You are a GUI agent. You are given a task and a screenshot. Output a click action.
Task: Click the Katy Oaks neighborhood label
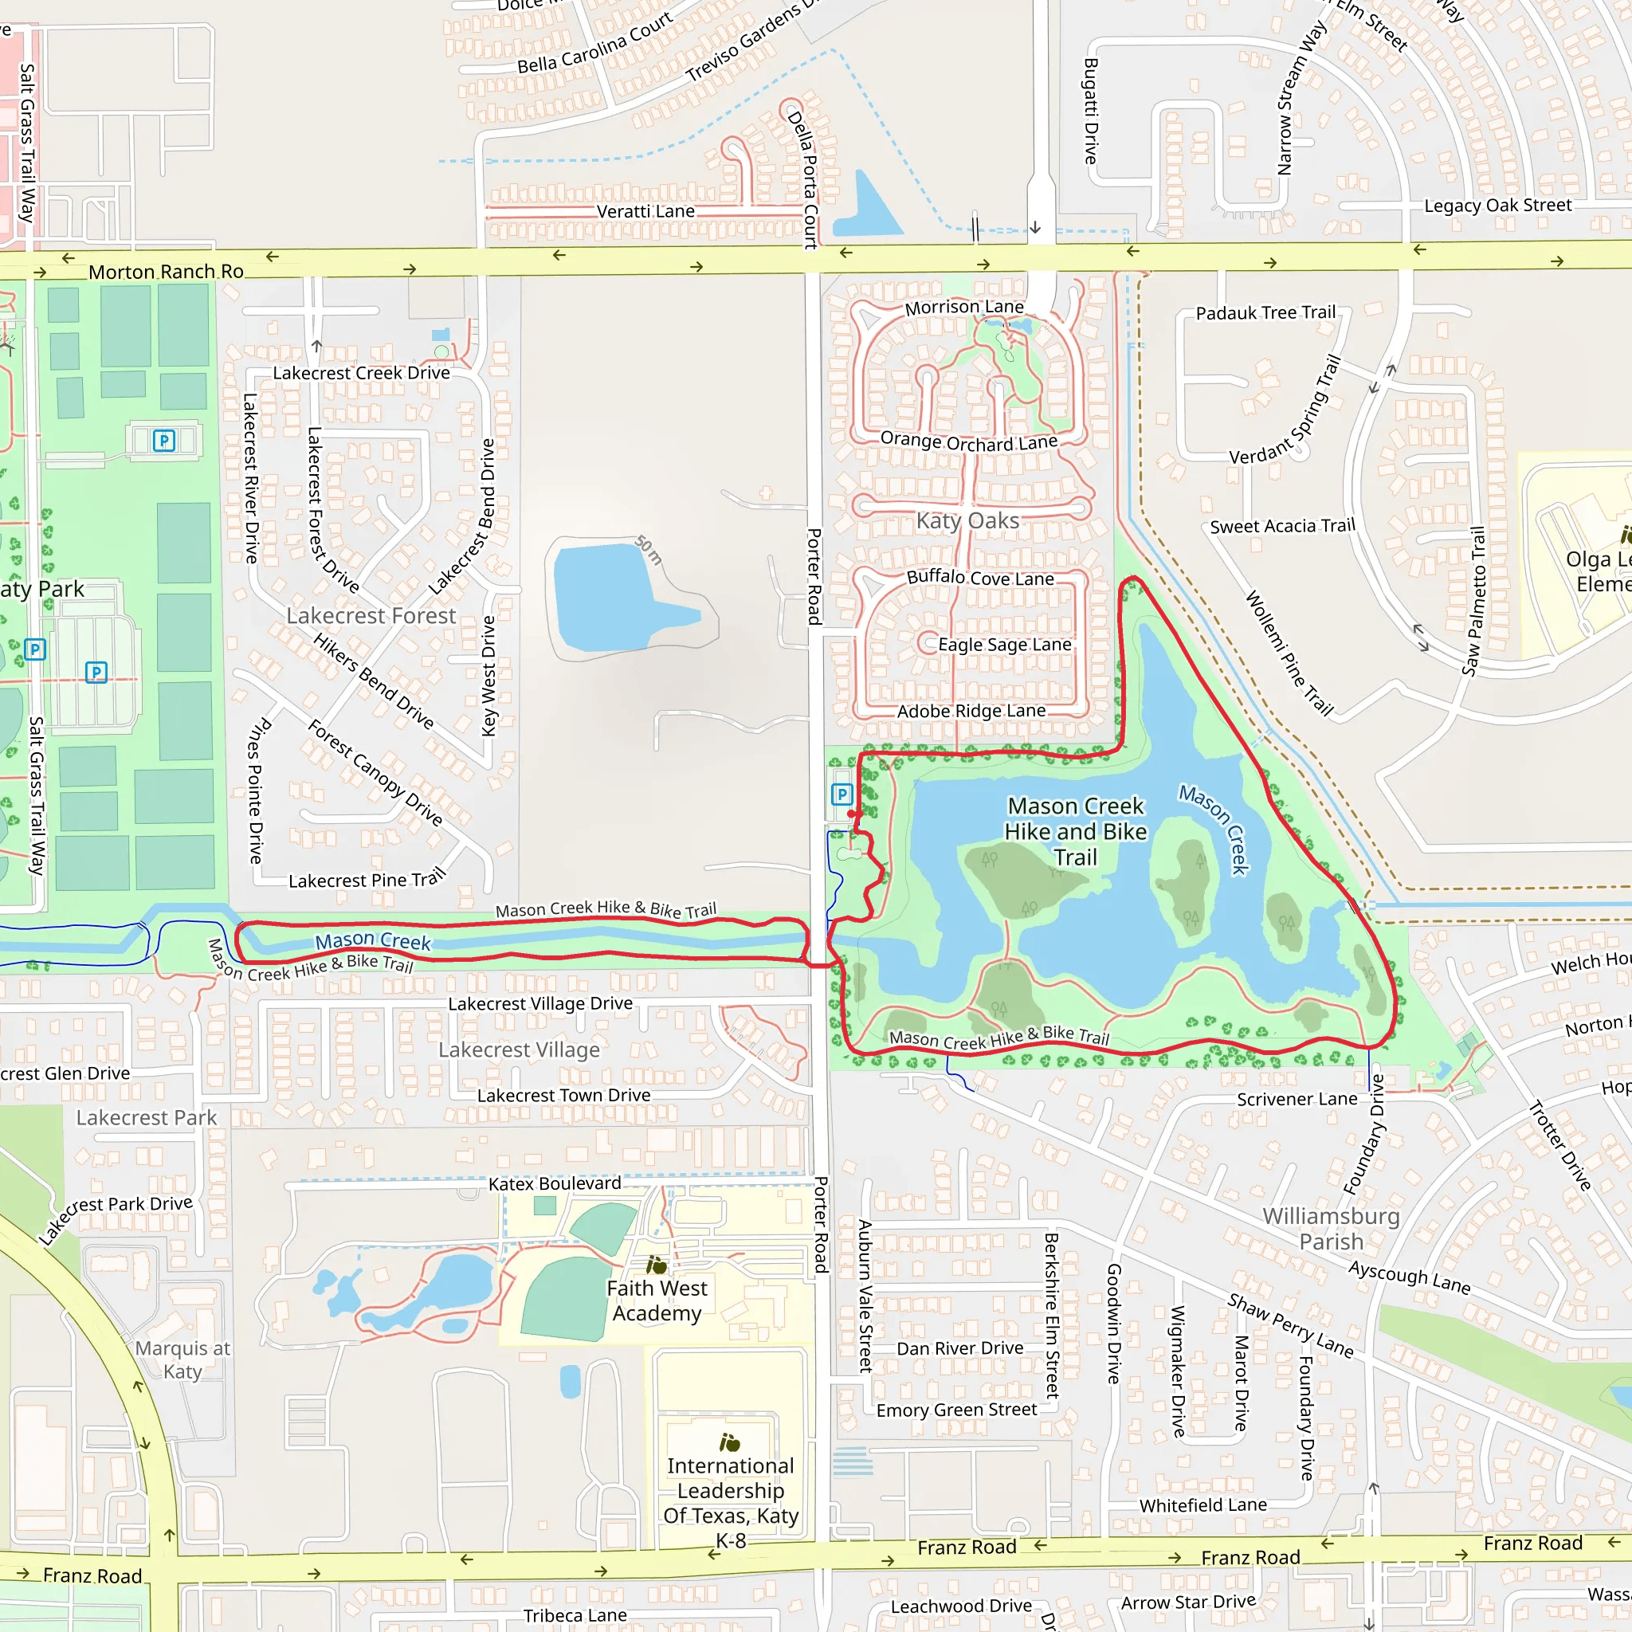[x=968, y=520]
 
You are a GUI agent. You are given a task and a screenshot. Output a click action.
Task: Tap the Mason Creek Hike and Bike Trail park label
[x=1075, y=832]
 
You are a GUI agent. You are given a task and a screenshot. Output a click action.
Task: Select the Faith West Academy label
[x=657, y=1300]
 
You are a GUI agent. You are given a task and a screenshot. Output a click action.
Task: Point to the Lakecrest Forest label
[x=371, y=616]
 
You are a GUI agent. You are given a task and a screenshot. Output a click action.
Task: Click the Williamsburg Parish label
[x=1331, y=1229]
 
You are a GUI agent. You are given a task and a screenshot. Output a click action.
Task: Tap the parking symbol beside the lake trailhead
[x=841, y=794]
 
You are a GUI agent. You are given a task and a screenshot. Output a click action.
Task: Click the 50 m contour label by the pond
[x=649, y=550]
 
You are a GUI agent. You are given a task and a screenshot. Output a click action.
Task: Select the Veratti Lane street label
[x=645, y=211]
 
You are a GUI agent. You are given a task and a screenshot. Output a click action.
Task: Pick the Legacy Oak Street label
[x=1497, y=206]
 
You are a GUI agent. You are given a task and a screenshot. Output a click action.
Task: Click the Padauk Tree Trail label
[x=1265, y=313]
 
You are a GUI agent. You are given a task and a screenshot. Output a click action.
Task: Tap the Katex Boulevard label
[x=554, y=1183]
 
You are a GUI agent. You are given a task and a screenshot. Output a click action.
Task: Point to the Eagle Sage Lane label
[x=1004, y=645]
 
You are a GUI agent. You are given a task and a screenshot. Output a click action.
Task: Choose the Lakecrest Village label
[x=519, y=1050]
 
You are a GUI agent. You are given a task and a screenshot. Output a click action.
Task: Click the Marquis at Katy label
[x=182, y=1360]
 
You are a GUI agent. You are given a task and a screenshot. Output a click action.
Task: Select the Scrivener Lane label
[x=1297, y=1099]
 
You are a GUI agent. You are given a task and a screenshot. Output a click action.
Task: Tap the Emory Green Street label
[x=956, y=1410]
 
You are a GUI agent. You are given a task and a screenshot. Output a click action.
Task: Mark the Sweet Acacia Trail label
[x=1282, y=526]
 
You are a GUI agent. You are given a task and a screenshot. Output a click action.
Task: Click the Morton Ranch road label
[x=166, y=272]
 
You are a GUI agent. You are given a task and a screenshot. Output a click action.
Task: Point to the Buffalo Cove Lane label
[x=980, y=578]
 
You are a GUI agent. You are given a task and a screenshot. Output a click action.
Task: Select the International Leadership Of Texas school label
[x=731, y=1503]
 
